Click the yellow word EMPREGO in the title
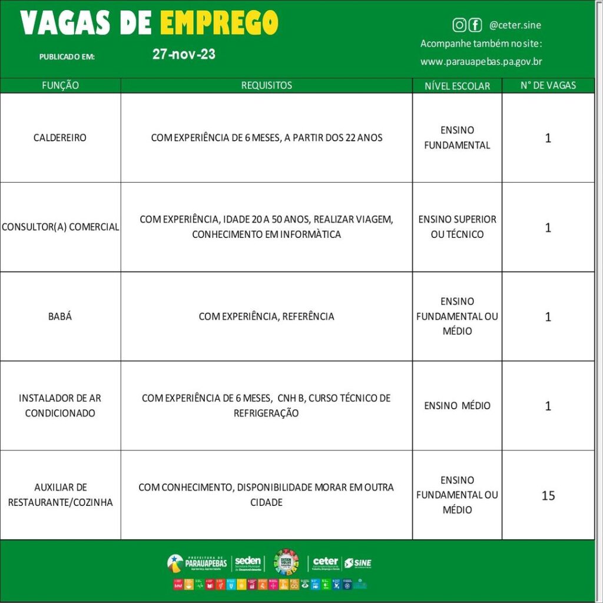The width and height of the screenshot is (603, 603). click(219, 23)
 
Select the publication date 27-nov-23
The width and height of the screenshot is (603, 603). click(184, 54)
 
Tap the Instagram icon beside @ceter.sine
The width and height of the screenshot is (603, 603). click(459, 25)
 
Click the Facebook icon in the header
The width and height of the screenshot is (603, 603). click(475, 25)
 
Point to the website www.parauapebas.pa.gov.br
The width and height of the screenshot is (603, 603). click(481, 61)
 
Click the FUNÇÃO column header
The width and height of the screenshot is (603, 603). click(60, 85)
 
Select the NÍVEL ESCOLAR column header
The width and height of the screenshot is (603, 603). click(457, 86)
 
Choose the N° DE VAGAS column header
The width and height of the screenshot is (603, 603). click(548, 85)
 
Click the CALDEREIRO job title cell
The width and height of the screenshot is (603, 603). click(60, 138)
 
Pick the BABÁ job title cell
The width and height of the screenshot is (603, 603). click(60, 316)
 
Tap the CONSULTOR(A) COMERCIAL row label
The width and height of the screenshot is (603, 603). click(60, 227)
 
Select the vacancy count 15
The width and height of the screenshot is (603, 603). click(548, 496)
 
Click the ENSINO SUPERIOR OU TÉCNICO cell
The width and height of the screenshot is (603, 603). click(457, 227)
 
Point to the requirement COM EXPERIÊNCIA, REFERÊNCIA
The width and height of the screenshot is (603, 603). click(266, 316)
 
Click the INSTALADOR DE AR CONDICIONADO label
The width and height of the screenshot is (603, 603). click(60, 405)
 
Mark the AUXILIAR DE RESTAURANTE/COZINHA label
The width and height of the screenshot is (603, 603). click(60, 495)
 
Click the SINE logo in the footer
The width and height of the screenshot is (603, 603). click(357, 564)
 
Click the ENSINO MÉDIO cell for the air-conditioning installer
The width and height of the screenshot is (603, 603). click(457, 406)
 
